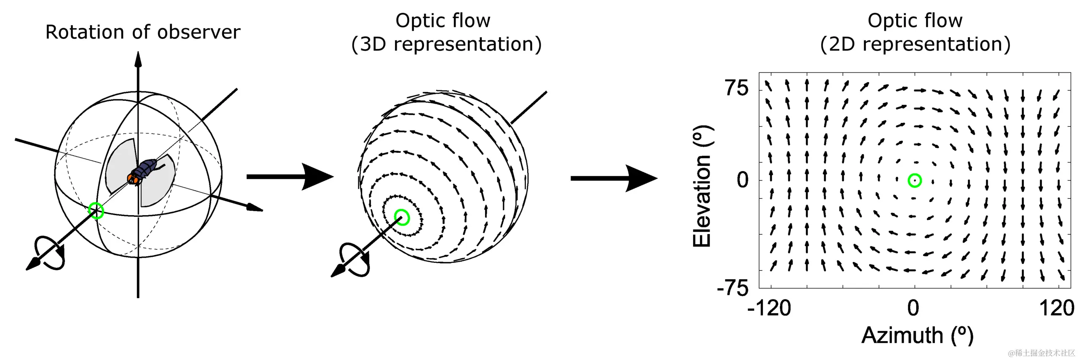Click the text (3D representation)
pyautogui.click(x=446, y=44)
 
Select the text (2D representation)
pyautogui.click(x=915, y=44)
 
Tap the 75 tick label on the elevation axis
pyautogui.click(x=736, y=88)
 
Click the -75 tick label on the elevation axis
pyautogui.click(x=733, y=288)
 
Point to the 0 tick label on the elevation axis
pyautogui.click(x=743, y=180)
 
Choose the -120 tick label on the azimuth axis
pyautogui.click(x=769, y=308)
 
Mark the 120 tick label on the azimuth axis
pyautogui.click(x=1057, y=308)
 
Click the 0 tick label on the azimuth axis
pyautogui.click(x=913, y=308)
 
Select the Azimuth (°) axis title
pyautogui.click(x=918, y=336)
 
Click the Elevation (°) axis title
pyautogui.click(x=702, y=186)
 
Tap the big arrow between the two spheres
pyautogui.click(x=290, y=176)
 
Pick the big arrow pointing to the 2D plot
pyautogui.click(x=614, y=178)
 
